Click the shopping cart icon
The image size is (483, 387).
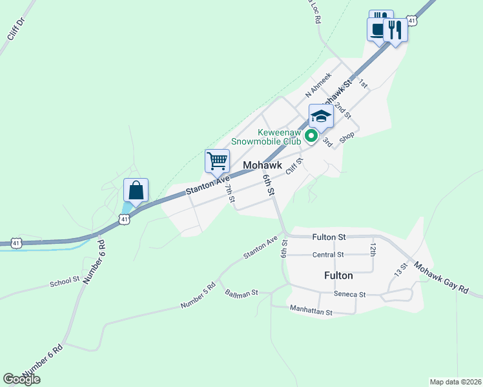(x=218, y=160)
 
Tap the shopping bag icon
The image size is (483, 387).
(x=136, y=191)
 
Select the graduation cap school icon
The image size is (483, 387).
(x=321, y=117)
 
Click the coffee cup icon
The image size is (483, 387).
(x=376, y=28)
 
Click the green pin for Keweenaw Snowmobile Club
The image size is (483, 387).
(x=311, y=136)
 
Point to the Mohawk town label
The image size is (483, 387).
(x=263, y=166)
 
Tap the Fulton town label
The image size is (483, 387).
(x=338, y=275)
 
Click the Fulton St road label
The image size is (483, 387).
(x=329, y=237)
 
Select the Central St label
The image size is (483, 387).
(x=328, y=255)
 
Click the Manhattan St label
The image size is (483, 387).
(x=311, y=312)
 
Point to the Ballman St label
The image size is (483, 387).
(x=241, y=293)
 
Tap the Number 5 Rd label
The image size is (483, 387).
(x=198, y=295)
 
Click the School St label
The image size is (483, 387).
(x=65, y=281)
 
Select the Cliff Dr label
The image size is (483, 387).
(x=15, y=29)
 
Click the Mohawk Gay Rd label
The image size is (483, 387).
(x=442, y=278)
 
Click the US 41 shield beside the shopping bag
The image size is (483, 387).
(x=124, y=220)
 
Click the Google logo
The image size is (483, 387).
(x=21, y=379)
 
